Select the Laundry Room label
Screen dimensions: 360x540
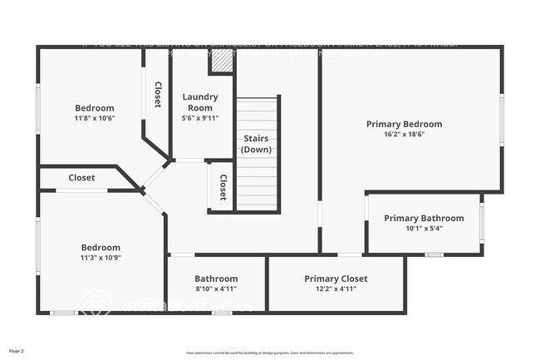point(200,101)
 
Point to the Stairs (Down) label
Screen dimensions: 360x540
point(257,143)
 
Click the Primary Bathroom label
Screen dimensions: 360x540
point(424,219)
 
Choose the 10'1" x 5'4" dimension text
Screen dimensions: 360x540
point(424,229)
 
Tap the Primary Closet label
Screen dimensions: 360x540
point(336,279)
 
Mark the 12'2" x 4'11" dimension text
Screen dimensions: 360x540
point(336,289)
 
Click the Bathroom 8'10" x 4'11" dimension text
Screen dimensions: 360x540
point(216,289)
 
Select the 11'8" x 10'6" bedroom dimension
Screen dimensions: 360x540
point(95,118)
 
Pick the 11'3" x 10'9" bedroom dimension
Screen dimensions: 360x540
point(100,258)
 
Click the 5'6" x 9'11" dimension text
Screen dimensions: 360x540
point(200,118)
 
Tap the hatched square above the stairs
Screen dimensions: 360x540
point(221,61)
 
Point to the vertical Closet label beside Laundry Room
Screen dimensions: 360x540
point(158,94)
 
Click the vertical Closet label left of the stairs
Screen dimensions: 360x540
point(223,186)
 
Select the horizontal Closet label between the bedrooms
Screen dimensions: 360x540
point(81,178)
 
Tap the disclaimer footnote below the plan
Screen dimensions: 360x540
point(269,353)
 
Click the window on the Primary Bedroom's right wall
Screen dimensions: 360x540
point(502,121)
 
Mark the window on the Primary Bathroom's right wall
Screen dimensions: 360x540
point(482,223)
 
